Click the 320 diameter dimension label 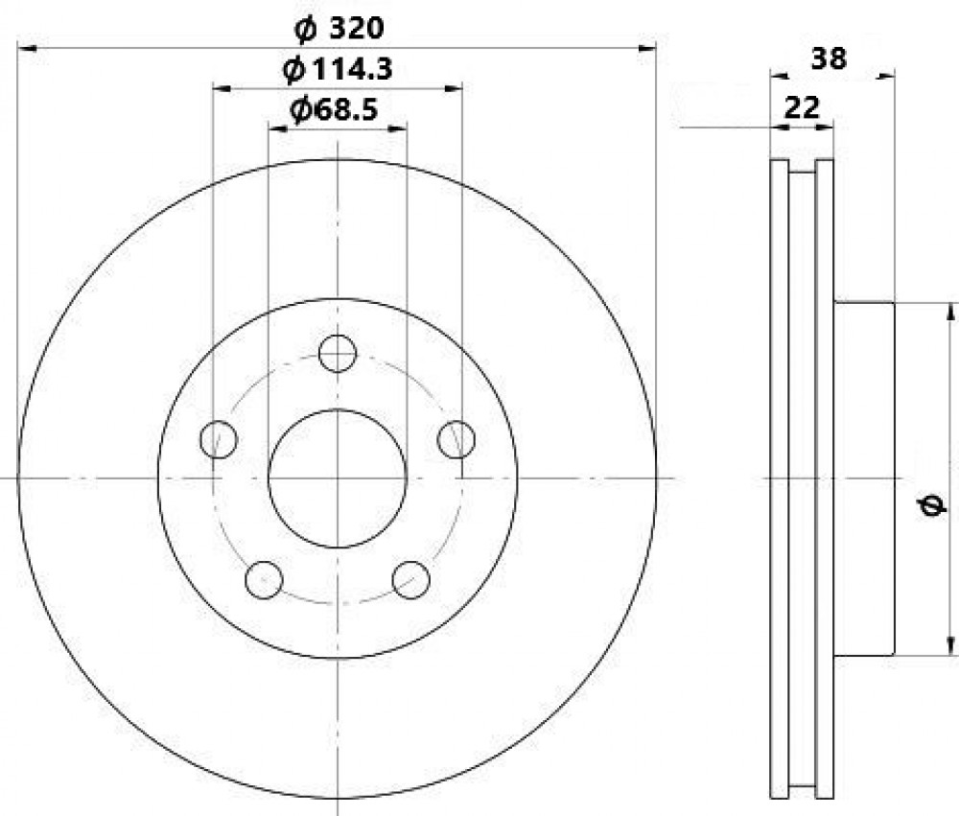point(339,28)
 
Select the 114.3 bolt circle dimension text point(338,70)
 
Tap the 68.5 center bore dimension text point(334,109)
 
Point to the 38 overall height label point(829,58)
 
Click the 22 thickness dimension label point(801,108)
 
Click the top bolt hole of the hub point(338,353)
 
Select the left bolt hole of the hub point(219,439)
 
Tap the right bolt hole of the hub point(456,439)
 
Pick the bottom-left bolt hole point(264,580)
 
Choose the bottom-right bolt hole point(411,580)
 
